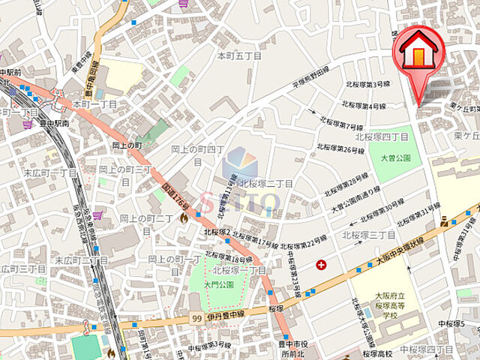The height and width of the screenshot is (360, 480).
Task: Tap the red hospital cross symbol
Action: click(322, 264)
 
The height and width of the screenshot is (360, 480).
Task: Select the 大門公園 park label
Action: click(218, 286)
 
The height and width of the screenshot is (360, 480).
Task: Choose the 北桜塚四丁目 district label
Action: click(382, 137)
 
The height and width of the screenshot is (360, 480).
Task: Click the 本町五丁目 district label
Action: click(239, 56)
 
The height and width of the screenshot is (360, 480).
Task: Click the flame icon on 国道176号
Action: click(184, 217)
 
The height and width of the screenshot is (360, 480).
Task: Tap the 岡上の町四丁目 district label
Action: click(196, 154)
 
